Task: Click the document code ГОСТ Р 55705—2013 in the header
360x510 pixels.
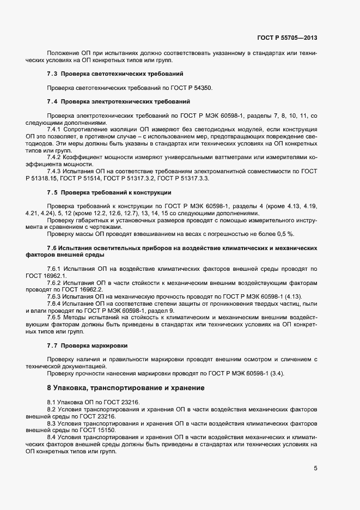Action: pyautogui.click(x=287, y=38)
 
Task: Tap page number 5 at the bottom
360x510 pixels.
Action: pyautogui.click(x=315, y=467)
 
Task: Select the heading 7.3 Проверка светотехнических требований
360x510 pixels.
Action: pyautogui.click(x=115, y=73)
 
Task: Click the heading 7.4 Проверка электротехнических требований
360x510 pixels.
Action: pyautogui.click(x=118, y=101)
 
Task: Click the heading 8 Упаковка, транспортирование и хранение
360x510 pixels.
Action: pyautogui.click(x=126, y=388)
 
